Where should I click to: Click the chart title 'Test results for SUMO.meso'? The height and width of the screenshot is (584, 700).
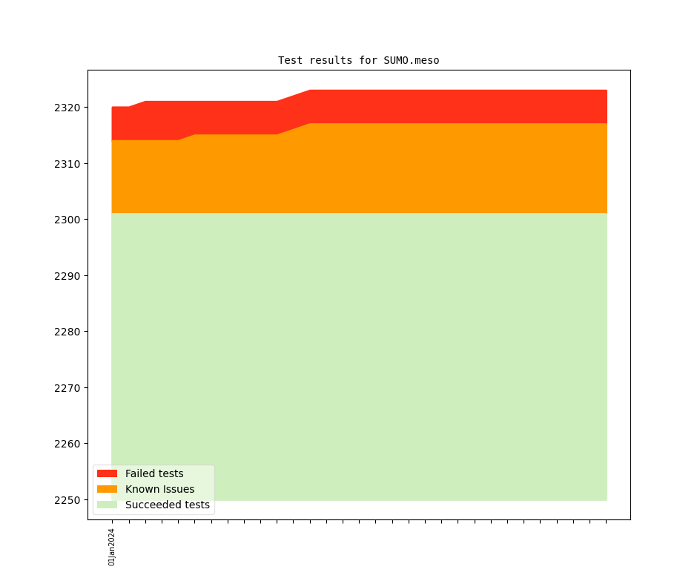coord(358,60)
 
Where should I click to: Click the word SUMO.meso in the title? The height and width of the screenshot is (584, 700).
coord(412,60)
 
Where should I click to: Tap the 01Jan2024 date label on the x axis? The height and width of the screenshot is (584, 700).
coord(112,547)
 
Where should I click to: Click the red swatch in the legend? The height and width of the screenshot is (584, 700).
coord(107,473)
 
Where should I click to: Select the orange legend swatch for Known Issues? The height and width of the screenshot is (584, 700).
coord(107,489)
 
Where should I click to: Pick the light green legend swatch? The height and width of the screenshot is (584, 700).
coord(107,505)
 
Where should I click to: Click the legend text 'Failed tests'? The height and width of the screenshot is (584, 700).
coord(154,473)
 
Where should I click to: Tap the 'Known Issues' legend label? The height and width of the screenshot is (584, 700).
coord(159,489)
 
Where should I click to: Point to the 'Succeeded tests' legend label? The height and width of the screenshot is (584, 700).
coord(168,505)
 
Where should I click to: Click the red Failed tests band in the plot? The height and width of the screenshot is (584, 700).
coord(445,107)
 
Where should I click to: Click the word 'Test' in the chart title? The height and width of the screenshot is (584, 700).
coord(291,60)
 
